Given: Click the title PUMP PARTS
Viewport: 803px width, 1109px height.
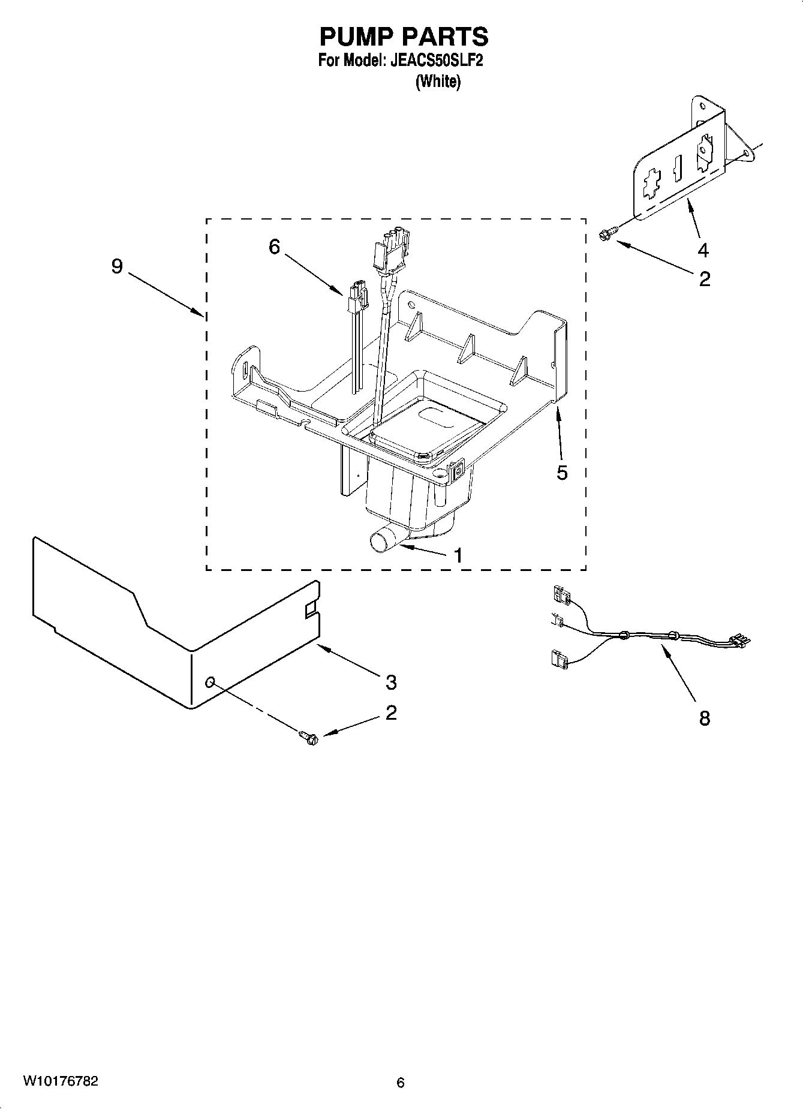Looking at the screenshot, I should [x=403, y=37].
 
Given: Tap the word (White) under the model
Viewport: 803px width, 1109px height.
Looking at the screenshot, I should [x=438, y=82].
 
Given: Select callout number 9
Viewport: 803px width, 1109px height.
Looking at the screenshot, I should [x=117, y=266].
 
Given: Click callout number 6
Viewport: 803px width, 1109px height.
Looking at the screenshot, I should [x=274, y=246].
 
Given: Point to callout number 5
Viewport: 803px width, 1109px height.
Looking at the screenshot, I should [x=561, y=473].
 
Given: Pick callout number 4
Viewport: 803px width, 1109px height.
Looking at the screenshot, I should [x=703, y=250].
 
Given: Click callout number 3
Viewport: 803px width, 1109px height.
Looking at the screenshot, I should [x=390, y=681].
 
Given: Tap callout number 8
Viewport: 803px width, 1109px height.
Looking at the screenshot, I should [x=704, y=717].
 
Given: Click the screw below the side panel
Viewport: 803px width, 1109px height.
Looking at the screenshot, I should [x=309, y=738].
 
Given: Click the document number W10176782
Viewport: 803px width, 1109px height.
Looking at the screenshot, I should [x=61, y=1081].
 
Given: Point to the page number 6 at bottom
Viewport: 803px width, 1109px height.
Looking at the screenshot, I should [x=401, y=1083].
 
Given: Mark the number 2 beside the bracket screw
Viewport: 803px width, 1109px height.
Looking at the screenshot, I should [x=704, y=278].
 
